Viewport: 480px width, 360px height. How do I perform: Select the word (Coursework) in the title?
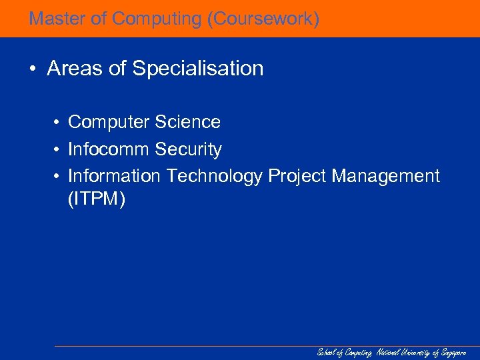coord(263,19)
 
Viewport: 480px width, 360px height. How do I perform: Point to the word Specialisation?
coord(199,69)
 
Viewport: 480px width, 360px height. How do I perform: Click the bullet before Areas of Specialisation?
coord(33,69)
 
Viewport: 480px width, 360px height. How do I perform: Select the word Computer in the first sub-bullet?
coord(109,122)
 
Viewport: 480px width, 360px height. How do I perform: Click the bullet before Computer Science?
coord(59,122)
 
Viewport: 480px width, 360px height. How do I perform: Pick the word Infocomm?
coord(109,149)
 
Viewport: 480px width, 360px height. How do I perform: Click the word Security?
coord(189,149)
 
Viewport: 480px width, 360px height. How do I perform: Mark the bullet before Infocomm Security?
coord(59,149)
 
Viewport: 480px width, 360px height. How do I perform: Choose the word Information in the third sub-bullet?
coord(115,176)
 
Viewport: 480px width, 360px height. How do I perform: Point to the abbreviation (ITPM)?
coord(96,199)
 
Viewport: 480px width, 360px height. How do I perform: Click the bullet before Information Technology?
coord(59,176)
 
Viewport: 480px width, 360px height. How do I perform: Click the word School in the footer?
coord(326,353)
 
